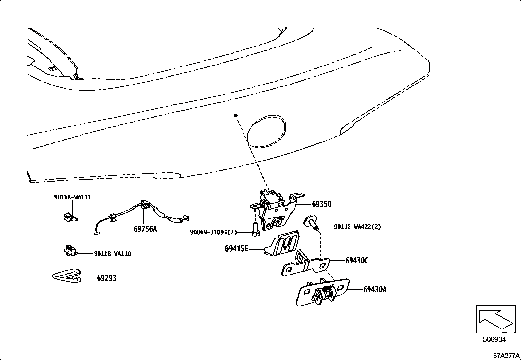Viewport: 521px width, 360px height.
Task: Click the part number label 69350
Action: click(x=321, y=204)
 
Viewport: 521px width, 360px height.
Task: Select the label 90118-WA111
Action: click(x=72, y=197)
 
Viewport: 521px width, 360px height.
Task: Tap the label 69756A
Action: click(x=145, y=229)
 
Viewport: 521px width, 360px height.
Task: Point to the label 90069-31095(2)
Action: click(x=213, y=232)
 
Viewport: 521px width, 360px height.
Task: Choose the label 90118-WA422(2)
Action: click(x=357, y=227)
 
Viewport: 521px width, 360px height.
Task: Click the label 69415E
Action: click(x=236, y=249)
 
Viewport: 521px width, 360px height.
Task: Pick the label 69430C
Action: click(x=357, y=261)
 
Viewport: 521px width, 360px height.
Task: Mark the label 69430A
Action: click(x=374, y=290)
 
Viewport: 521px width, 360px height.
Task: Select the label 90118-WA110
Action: click(x=113, y=254)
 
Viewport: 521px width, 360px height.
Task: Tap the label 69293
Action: click(x=106, y=278)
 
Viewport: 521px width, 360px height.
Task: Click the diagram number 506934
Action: click(x=494, y=339)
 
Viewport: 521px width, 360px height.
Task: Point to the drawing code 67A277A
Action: click(x=507, y=356)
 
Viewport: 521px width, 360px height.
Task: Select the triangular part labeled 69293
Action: click(x=67, y=275)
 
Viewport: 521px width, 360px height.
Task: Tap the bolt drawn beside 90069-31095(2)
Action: click(x=256, y=228)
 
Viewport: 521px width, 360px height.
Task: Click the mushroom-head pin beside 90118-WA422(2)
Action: click(x=312, y=222)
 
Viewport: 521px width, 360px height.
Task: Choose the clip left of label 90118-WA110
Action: click(x=70, y=250)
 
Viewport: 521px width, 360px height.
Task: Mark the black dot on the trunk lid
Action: click(x=236, y=116)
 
